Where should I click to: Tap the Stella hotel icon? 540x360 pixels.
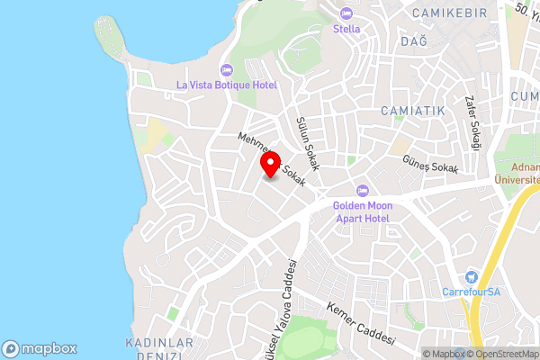pos(346,13)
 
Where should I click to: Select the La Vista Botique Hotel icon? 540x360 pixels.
pos(225,70)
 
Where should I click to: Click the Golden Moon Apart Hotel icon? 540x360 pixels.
pos(364,190)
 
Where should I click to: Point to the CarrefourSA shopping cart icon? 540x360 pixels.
pos(470,277)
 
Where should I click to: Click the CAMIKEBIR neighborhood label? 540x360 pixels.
pos(447,13)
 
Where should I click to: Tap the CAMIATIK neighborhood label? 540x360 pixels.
pos(413,111)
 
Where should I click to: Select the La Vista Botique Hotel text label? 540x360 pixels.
pos(226,85)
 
